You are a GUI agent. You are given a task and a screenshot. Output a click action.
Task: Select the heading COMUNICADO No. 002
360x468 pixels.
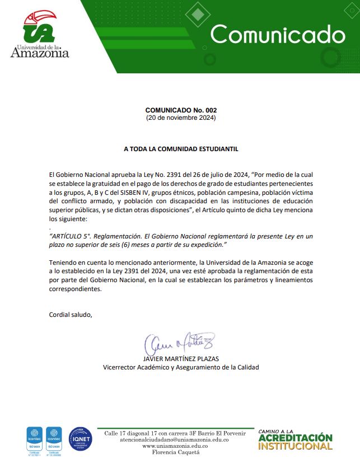point(180,110)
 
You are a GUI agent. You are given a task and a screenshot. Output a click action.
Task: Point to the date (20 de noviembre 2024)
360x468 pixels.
point(180,118)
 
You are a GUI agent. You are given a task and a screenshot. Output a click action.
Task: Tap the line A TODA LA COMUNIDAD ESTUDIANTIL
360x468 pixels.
point(180,149)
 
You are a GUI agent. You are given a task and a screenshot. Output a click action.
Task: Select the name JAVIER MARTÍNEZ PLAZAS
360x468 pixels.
point(180,359)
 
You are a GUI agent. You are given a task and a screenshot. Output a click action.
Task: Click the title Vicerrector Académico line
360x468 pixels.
point(180,367)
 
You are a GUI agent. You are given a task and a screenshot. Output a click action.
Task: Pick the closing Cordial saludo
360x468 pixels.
point(70,314)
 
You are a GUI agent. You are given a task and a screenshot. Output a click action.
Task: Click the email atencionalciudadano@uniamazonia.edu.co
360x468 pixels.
point(175,440)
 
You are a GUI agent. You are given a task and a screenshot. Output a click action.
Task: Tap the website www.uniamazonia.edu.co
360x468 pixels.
point(175,446)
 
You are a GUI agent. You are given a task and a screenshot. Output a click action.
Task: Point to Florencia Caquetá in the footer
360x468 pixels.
point(175,452)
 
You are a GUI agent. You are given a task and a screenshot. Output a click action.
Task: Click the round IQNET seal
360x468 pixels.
point(80,439)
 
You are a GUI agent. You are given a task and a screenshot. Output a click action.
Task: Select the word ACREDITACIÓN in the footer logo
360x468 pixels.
point(295,438)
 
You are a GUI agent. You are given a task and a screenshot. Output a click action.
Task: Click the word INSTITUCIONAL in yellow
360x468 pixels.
point(295,446)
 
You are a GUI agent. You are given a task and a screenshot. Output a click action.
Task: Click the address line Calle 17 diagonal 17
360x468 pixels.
point(140,434)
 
